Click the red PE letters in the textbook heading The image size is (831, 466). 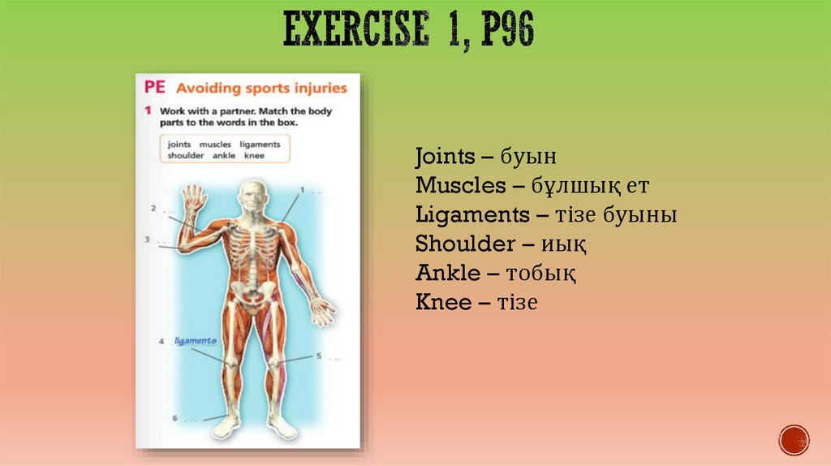pyautogui.click(x=154, y=88)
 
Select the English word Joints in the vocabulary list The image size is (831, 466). pyautogui.click(x=447, y=156)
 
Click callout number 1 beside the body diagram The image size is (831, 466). pyautogui.click(x=302, y=190)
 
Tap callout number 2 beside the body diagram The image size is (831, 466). pyautogui.click(x=153, y=209)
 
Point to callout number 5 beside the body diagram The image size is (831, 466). pyautogui.click(x=319, y=356)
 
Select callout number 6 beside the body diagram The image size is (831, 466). pyautogui.click(x=174, y=418)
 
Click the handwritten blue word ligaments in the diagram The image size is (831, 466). pyautogui.click(x=196, y=341)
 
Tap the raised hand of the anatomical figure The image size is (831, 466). pyautogui.click(x=193, y=200)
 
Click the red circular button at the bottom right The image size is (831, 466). pyautogui.click(x=794, y=439)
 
